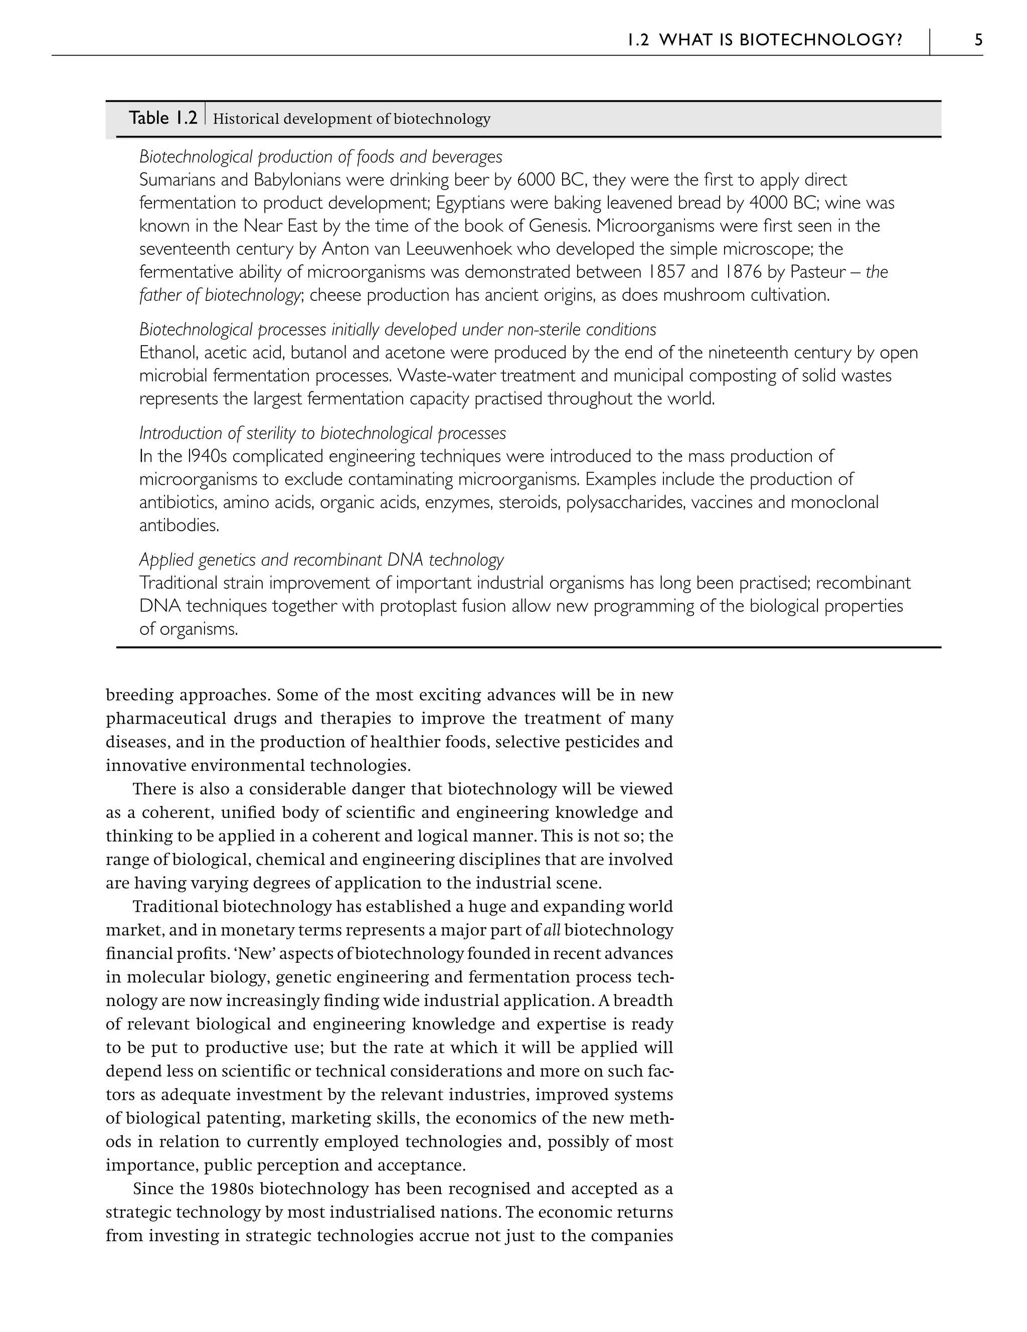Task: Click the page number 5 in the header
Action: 978,40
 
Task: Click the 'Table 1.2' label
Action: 163,118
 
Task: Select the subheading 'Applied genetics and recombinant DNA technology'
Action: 321,559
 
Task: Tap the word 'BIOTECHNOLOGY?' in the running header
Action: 821,40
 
